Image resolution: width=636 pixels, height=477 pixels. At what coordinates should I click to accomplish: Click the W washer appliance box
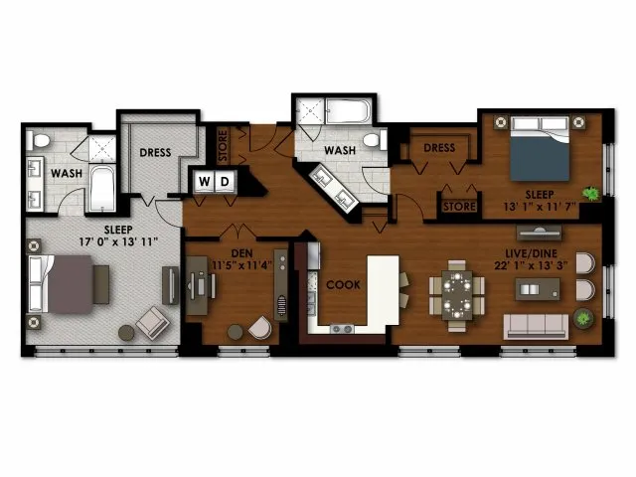(204, 181)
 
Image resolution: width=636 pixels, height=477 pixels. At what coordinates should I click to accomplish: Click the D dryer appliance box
(225, 181)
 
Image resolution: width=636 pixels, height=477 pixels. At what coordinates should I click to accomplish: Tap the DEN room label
(242, 253)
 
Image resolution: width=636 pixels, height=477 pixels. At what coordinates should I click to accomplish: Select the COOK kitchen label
(343, 285)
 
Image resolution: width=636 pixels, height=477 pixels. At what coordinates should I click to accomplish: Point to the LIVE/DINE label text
(532, 253)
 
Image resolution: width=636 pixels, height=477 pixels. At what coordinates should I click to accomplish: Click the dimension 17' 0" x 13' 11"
(118, 241)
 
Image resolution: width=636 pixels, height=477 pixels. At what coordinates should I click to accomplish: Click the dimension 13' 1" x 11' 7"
(540, 207)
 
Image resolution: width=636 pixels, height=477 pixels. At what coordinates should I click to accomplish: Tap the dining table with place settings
(457, 295)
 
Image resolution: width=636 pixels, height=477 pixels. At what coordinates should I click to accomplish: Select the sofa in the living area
(536, 327)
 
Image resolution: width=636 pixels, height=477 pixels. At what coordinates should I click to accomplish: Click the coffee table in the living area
(538, 289)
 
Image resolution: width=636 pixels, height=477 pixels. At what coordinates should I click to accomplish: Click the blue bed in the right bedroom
(540, 148)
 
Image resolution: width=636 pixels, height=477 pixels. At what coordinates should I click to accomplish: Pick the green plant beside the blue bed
(591, 194)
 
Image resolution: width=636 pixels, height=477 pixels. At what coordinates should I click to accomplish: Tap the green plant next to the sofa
(583, 317)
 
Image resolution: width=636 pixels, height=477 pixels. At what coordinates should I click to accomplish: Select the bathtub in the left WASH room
(101, 188)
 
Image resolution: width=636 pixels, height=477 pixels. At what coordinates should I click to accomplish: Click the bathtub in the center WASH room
(348, 111)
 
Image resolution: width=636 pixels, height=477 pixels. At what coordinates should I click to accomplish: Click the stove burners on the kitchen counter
(342, 329)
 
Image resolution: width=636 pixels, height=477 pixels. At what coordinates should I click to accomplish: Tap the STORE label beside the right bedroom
(459, 207)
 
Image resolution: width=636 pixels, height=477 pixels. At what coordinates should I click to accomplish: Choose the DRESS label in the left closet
(155, 152)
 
